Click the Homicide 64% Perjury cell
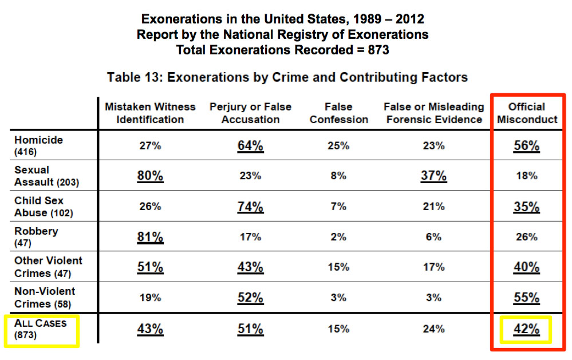point(250,145)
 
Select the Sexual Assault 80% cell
point(150,176)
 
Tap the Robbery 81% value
point(150,236)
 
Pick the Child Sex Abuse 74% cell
point(250,206)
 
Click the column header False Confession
point(338,113)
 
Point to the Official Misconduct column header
point(526,113)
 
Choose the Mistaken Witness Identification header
point(150,113)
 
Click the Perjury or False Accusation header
point(250,113)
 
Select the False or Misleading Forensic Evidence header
point(433,113)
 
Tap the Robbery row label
point(36,236)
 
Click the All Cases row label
point(41,329)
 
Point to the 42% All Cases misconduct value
point(526,329)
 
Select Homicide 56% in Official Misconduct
point(526,145)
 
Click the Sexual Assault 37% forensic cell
point(433,176)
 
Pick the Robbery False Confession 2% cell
point(338,236)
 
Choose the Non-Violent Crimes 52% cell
point(250,298)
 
